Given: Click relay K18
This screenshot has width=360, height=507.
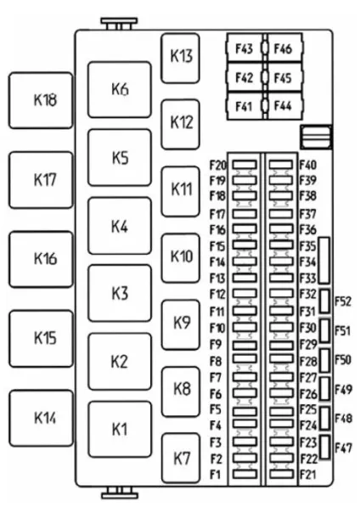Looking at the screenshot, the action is click(x=41, y=100).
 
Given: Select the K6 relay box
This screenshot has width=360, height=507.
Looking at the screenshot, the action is click(x=120, y=89).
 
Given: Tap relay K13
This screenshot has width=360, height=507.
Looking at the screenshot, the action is click(x=181, y=59).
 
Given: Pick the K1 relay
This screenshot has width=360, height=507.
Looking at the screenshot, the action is click(x=120, y=430).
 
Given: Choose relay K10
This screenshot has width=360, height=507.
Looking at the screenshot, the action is click(x=181, y=257).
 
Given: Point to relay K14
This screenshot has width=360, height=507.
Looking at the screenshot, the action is click(x=41, y=418).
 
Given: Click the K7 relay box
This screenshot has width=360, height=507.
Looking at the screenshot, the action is click(x=181, y=458).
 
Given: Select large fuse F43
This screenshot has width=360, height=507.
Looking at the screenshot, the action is click(x=245, y=48).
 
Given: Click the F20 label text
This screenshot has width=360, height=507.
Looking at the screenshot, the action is click(x=217, y=166).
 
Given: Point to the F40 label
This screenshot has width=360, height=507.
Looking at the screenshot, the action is click(x=307, y=166).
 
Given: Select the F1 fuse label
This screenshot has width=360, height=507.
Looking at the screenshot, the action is click(x=215, y=475).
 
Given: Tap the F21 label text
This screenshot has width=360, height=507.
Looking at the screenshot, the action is click(x=307, y=475).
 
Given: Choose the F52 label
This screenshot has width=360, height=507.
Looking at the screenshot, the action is click(x=342, y=301).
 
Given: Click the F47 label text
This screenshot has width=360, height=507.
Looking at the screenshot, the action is click(x=343, y=448).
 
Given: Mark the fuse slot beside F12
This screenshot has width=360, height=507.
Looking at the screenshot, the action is click(x=245, y=293).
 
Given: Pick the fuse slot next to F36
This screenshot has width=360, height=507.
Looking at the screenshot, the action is click(x=281, y=228).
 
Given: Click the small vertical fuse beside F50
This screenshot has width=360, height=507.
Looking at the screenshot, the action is click(x=325, y=360).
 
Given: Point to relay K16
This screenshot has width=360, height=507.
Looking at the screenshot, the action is click(x=41, y=259).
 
